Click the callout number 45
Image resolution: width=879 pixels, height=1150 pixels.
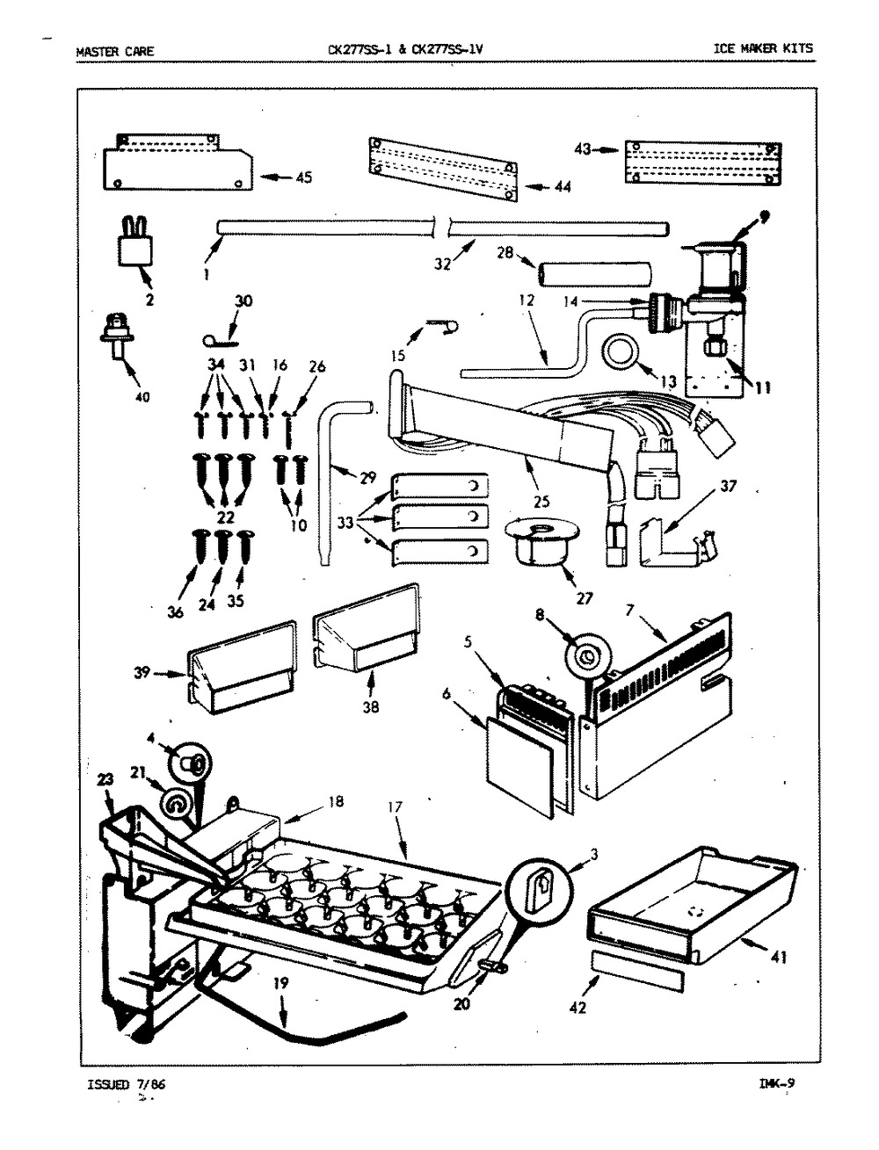(303, 177)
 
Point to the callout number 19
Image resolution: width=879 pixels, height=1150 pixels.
(279, 984)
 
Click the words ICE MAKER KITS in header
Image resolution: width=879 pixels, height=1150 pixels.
(762, 50)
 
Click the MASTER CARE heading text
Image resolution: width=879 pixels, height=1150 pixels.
(115, 51)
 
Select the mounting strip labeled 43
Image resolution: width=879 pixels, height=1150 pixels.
(702, 163)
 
